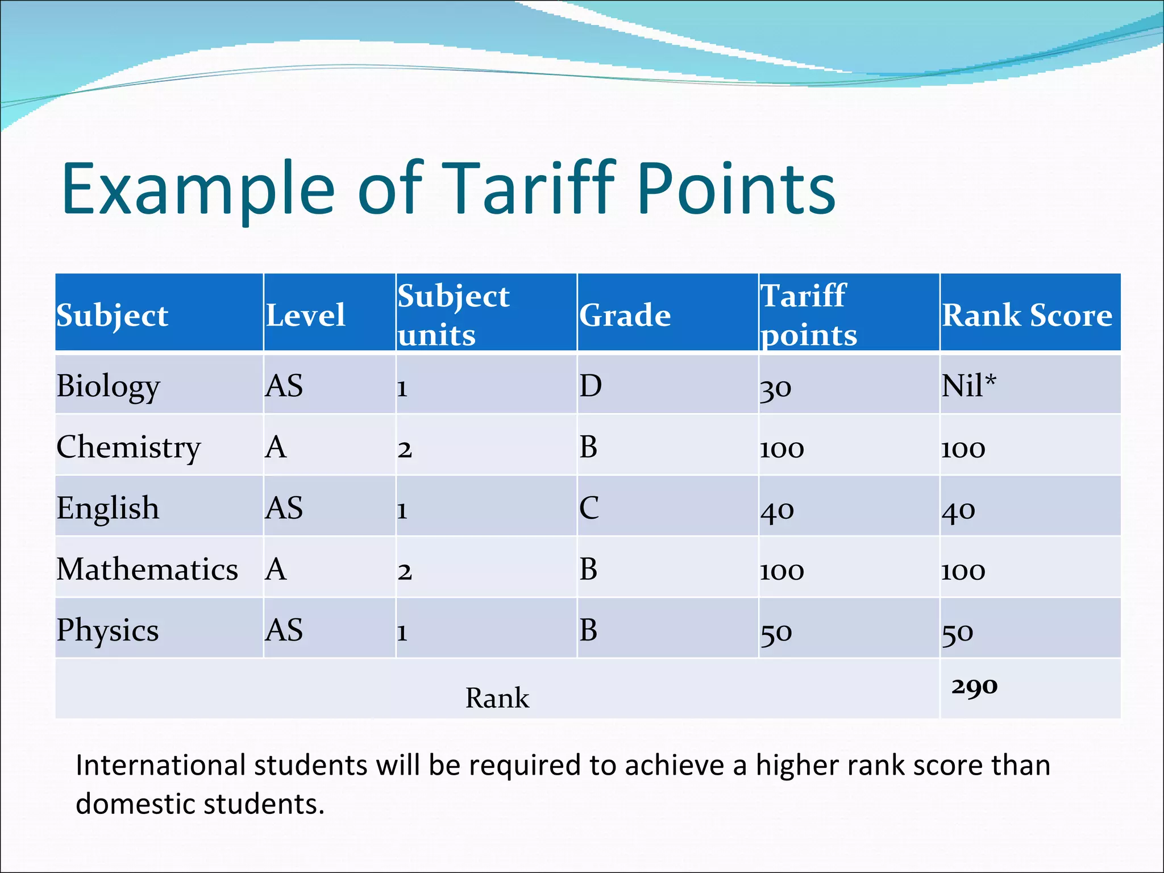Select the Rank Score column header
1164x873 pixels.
tap(1026, 315)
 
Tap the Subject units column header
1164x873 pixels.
tap(453, 315)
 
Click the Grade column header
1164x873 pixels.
tap(625, 315)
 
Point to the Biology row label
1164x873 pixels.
tap(108, 386)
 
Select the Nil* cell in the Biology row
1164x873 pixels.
tap(968, 386)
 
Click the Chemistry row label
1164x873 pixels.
tap(128, 447)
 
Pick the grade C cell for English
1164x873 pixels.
tap(589, 508)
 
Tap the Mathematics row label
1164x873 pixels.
tap(147, 569)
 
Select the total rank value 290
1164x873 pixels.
tap(974, 687)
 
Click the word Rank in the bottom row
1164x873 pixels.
tap(497, 698)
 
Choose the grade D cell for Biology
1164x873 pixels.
tap(590, 386)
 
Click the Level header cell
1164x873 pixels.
tap(305, 315)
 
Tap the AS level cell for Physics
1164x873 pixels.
tap(284, 630)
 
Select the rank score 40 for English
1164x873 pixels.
tap(958, 510)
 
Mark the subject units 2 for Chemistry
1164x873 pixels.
tap(404, 450)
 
